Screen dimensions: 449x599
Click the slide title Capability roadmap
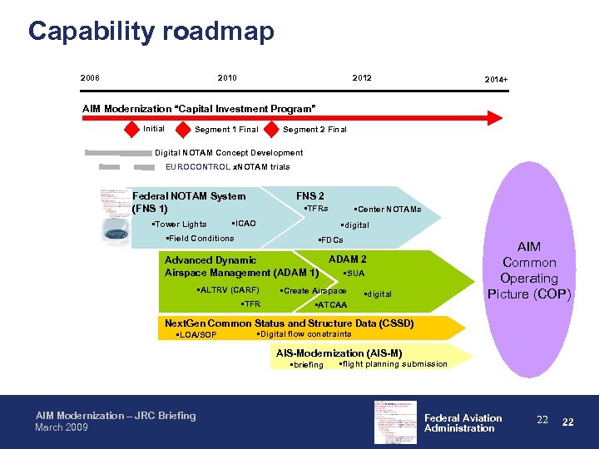[151, 32]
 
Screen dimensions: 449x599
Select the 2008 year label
[90, 78]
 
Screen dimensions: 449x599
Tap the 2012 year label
[362, 78]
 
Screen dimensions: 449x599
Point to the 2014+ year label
[497, 80]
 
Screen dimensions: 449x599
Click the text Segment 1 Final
[226, 130]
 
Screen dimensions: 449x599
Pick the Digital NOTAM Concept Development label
[229, 153]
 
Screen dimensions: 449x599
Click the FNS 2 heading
[310, 196]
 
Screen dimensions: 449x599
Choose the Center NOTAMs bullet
[388, 210]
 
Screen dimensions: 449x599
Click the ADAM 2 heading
[348, 259]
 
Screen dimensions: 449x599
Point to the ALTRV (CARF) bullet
[227, 290]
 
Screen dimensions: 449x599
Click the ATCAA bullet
[331, 305]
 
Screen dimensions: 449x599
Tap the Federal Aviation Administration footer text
[463, 423]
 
